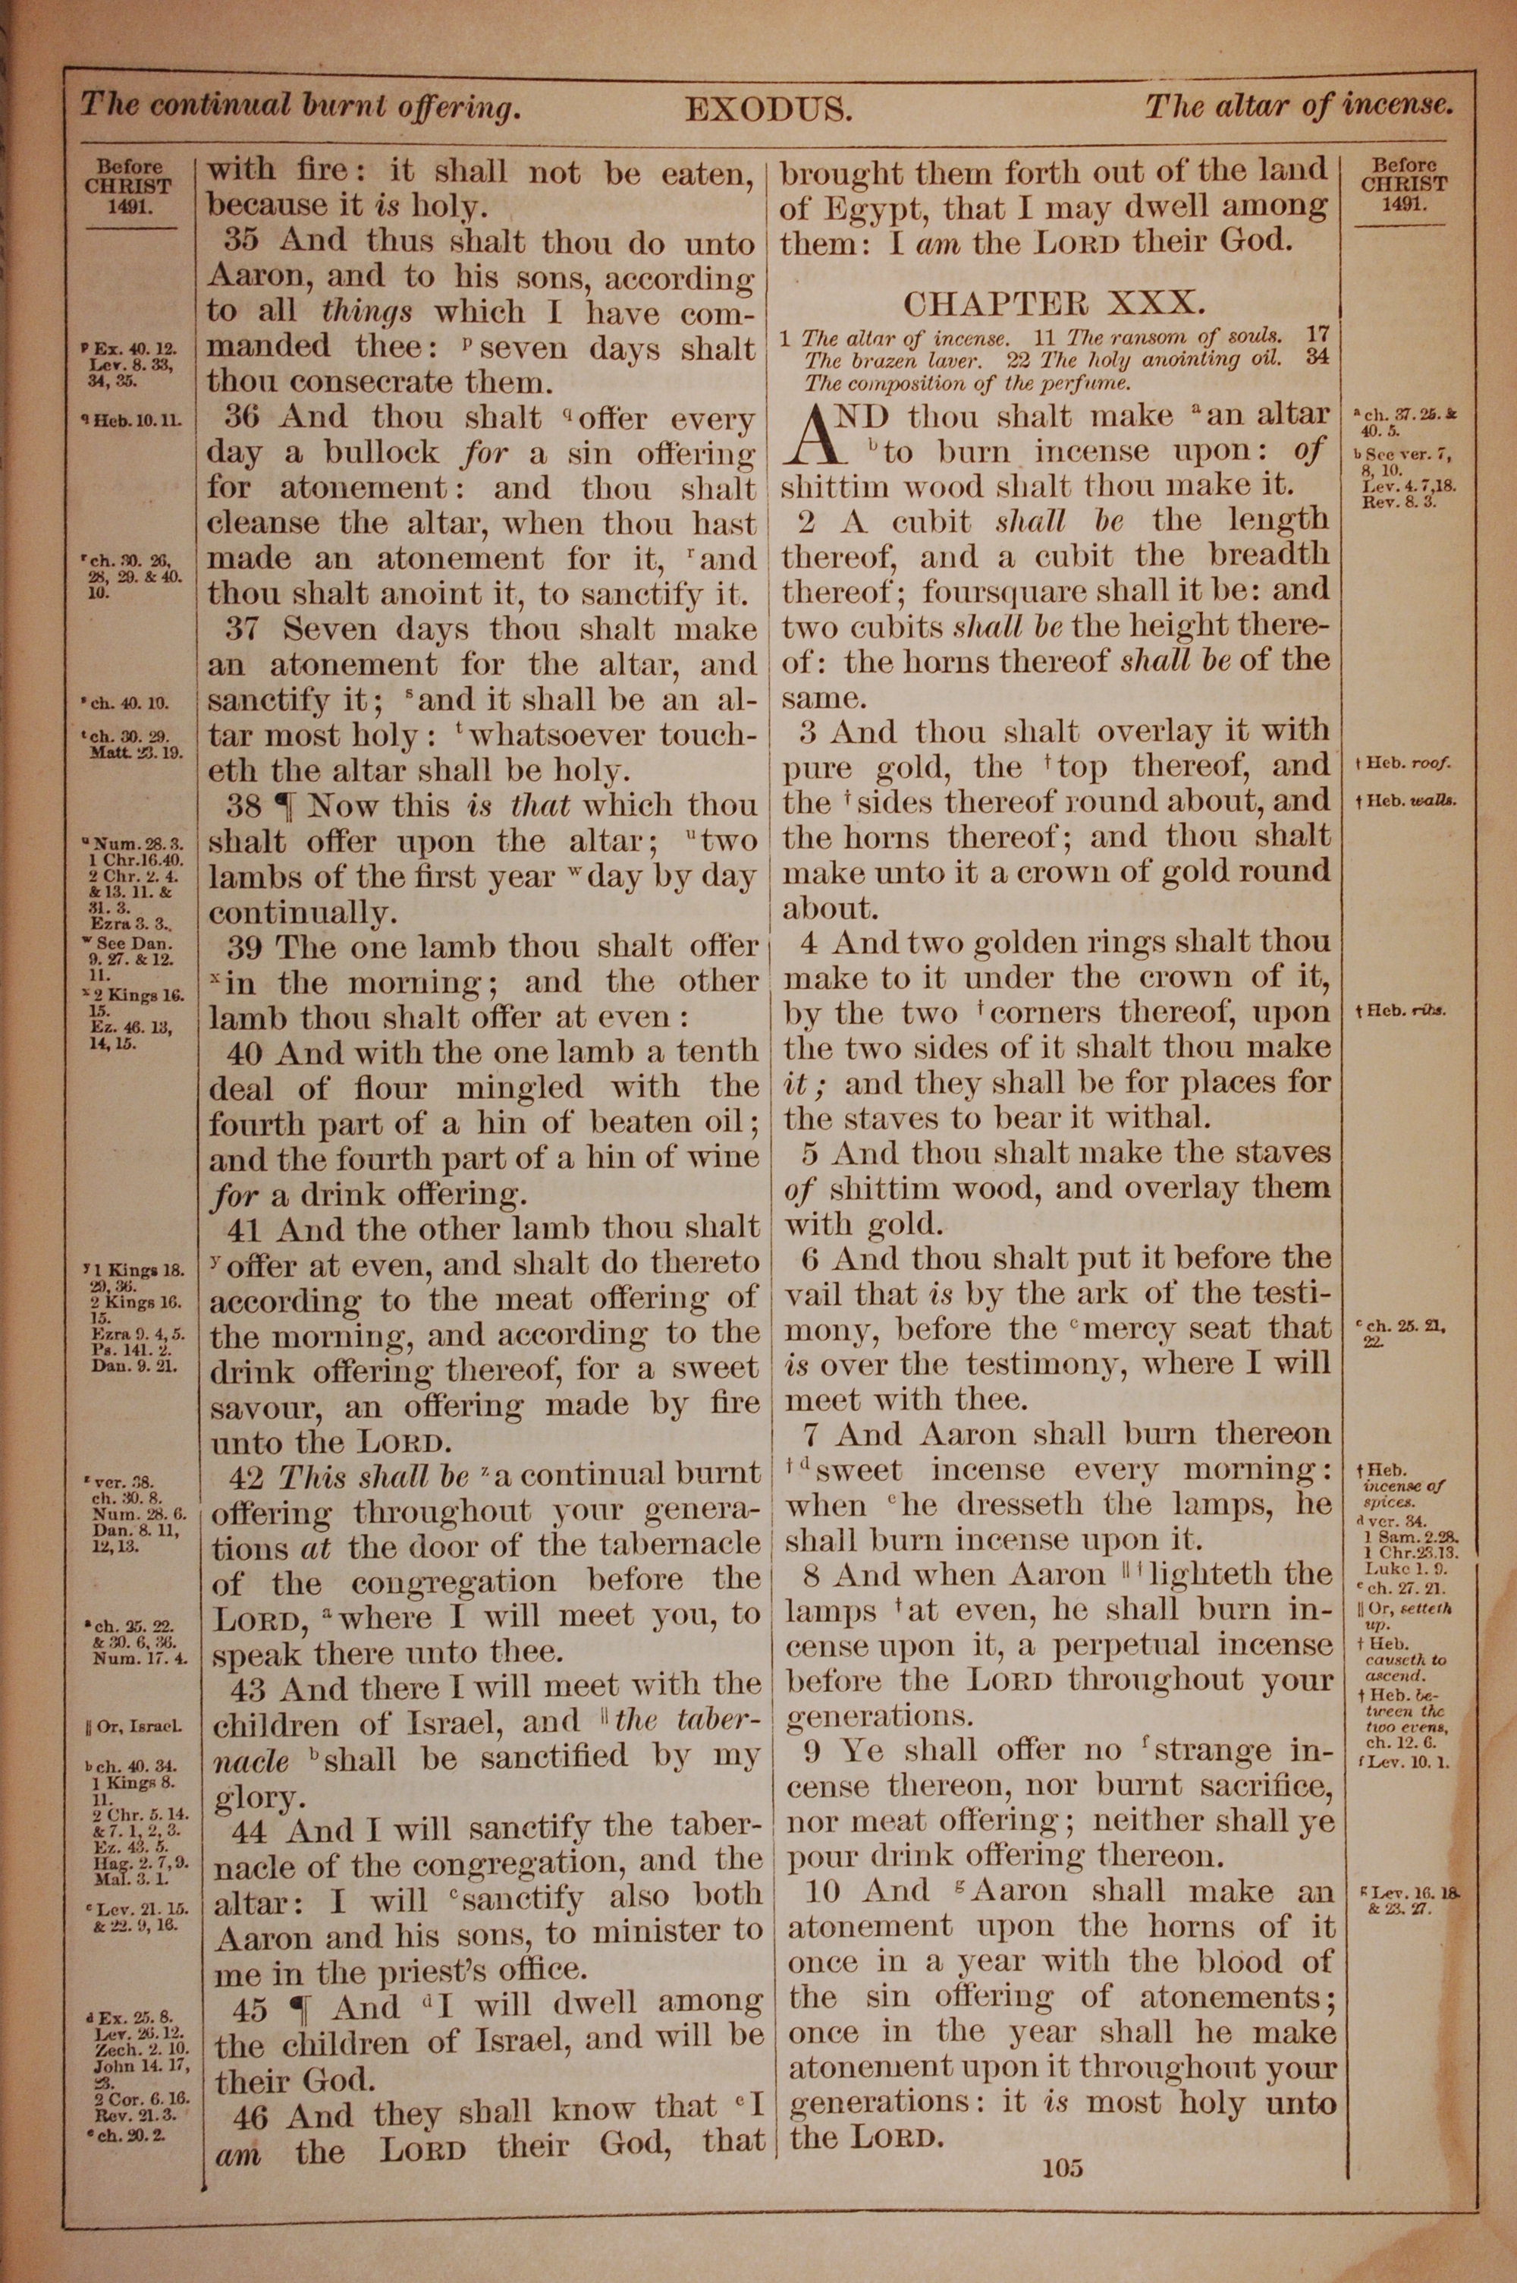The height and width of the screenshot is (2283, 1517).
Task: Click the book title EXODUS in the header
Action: coord(768,109)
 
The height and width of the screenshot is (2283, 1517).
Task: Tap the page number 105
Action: coord(1063,2168)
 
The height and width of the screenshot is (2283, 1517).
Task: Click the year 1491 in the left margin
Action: coord(130,205)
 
